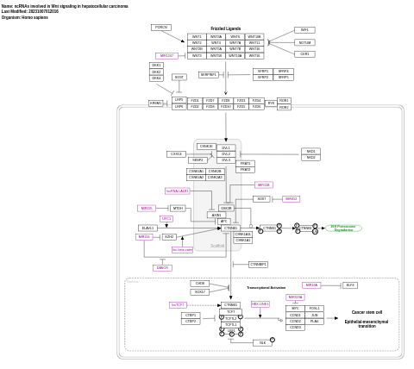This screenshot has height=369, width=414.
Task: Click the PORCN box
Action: (x=161, y=28)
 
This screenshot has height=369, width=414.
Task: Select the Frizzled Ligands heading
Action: (x=225, y=28)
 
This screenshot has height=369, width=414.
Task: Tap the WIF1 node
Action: (x=304, y=30)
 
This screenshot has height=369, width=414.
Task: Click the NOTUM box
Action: (x=304, y=42)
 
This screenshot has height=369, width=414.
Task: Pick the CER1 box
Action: (x=304, y=54)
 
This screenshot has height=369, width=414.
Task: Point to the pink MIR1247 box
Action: (x=166, y=56)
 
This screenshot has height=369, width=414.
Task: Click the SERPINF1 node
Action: (x=208, y=75)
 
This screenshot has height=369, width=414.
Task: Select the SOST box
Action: (x=179, y=78)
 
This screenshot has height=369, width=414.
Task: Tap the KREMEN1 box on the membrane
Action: (x=155, y=103)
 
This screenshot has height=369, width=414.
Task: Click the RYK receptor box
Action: (x=270, y=103)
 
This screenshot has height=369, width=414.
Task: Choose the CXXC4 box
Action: (x=177, y=154)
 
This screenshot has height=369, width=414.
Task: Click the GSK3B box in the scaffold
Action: (x=226, y=208)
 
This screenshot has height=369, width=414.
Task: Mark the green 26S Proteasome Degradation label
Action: (x=343, y=228)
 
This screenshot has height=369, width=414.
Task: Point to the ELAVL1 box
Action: (x=148, y=228)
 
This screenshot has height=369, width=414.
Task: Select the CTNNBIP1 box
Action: (x=258, y=264)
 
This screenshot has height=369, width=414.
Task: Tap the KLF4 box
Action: (x=349, y=285)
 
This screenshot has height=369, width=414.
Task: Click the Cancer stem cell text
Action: (x=367, y=312)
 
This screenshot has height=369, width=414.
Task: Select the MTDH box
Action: (x=178, y=208)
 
